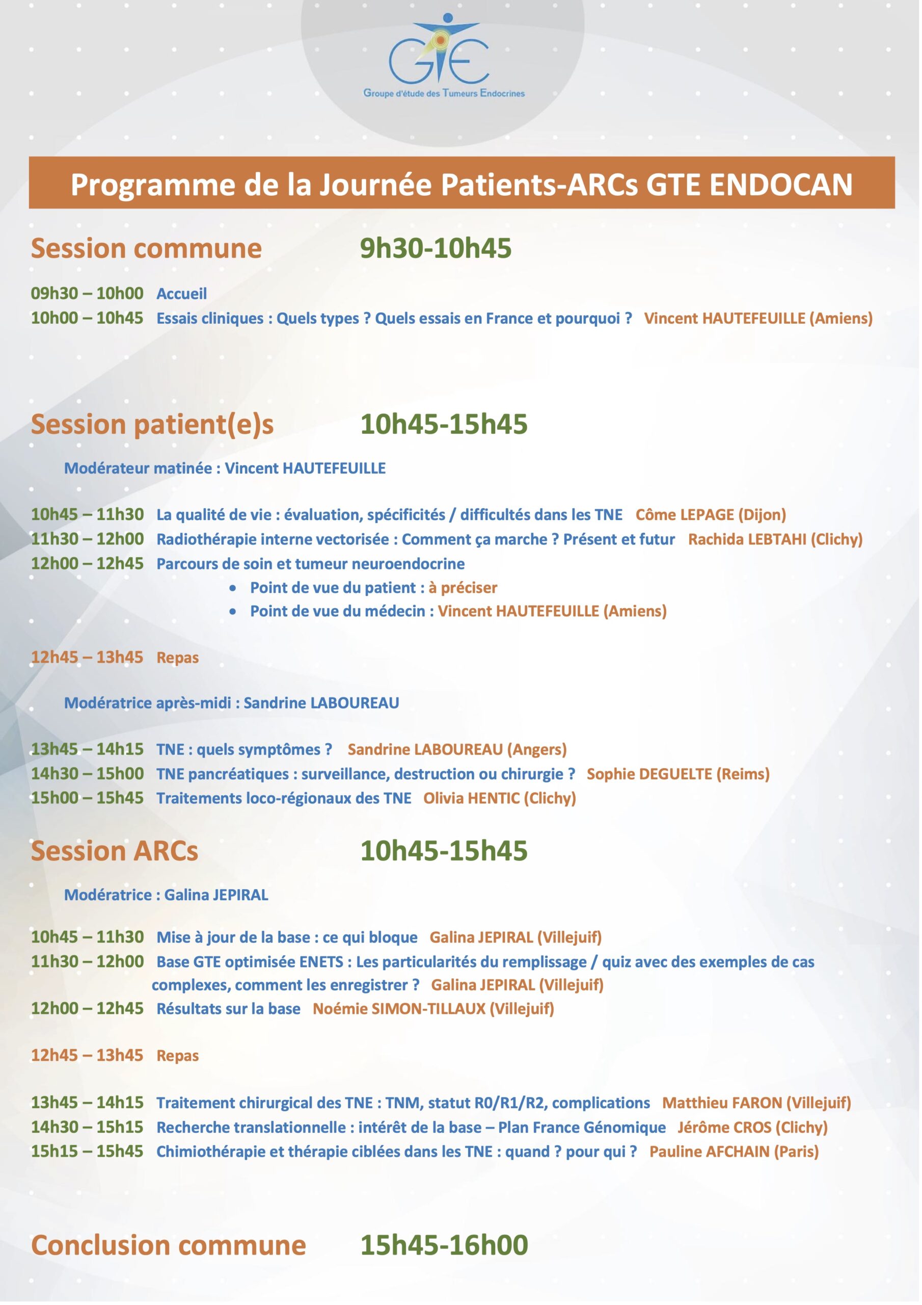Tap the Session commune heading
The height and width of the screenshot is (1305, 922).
click(x=146, y=248)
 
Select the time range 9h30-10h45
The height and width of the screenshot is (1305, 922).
click(x=436, y=248)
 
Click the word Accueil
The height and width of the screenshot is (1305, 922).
click(x=181, y=293)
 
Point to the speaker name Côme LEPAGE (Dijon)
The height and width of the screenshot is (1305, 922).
click(x=710, y=514)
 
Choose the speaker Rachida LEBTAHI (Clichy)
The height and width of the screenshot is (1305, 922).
click(x=775, y=539)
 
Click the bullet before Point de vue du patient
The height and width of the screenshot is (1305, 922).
click(x=233, y=588)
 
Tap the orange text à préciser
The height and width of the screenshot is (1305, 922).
click(x=463, y=588)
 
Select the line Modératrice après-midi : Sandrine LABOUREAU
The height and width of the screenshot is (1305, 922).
click(x=231, y=702)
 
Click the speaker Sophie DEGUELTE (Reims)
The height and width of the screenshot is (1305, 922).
click(x=677, y=773)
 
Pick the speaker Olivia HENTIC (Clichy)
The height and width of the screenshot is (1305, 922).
click(x=499, y=798)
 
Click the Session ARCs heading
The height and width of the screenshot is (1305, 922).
click(x=114, y=851)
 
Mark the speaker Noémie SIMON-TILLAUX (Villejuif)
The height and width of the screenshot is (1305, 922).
click(x=433, y=1008)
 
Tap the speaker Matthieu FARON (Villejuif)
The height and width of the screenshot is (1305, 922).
click(x=756, y=1103)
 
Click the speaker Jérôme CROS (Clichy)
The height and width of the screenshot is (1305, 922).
click(x=752, y=1127)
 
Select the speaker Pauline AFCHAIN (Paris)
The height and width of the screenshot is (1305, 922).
click(x=734, y=1152)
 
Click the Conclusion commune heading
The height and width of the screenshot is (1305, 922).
click(x=168, y=1245)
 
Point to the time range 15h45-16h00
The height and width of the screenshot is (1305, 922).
click(x=444, y=1245)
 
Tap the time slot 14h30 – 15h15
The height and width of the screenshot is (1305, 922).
click(x=87, y=1127)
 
